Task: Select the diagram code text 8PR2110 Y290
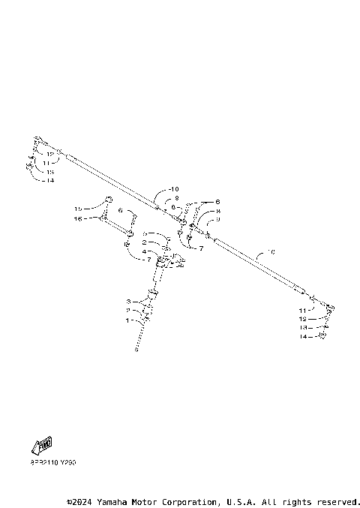[x=53, y=462]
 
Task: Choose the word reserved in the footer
[x=338, y=500]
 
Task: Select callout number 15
[x=77, y=209]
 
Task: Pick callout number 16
[x=77, y=219]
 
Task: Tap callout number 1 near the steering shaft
[x=129, y=320]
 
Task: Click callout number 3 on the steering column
[x=129, y=301]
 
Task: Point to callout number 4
[x=144, y=251]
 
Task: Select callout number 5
[x=144, y=234]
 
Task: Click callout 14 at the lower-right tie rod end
[x=304, y=338]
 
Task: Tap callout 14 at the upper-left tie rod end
[x=50, y=181]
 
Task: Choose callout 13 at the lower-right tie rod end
[x=304, y=328]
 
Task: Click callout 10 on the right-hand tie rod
[x=271, y=252]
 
